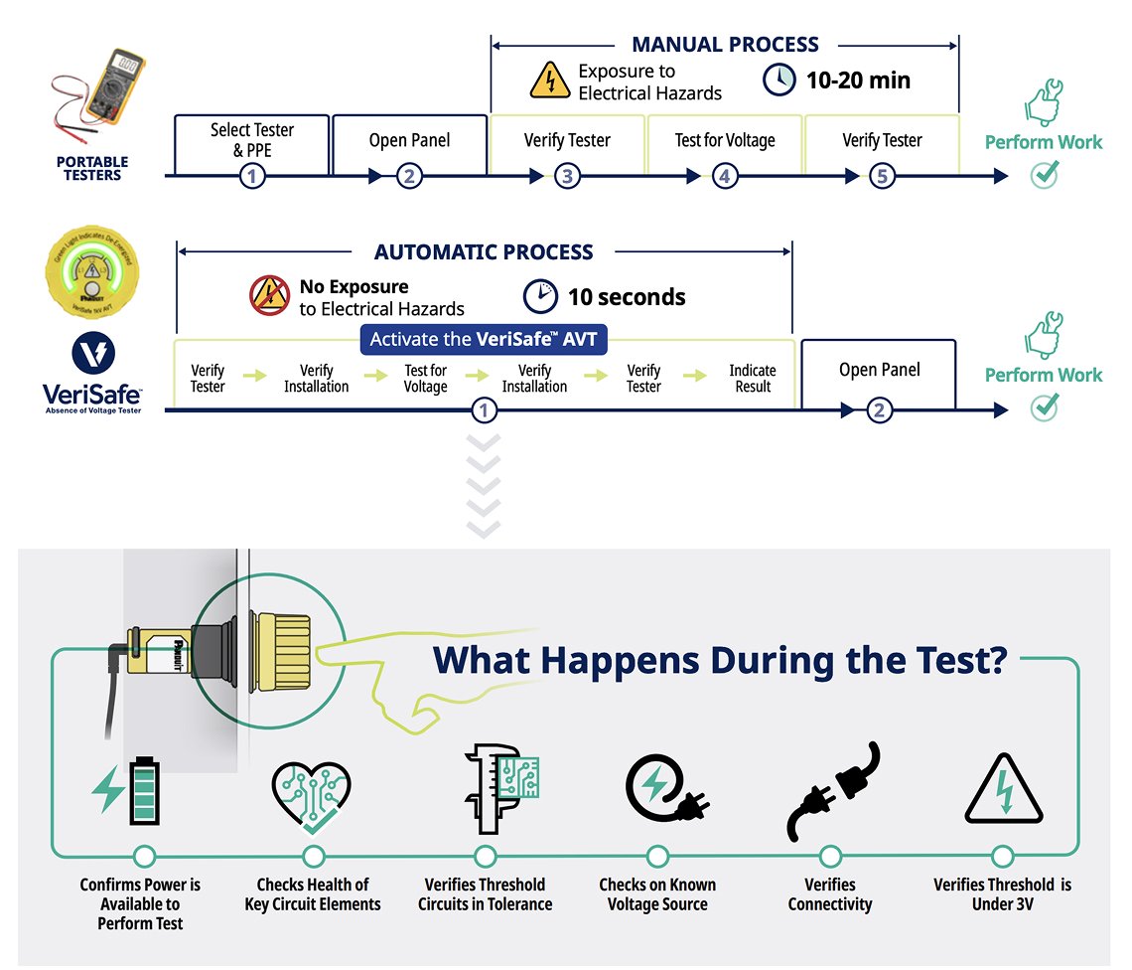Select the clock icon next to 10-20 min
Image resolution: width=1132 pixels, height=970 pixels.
point(779,80)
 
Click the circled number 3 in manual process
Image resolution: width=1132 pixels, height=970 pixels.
point(567,177)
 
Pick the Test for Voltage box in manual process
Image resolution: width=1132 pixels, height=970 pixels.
point(725,141)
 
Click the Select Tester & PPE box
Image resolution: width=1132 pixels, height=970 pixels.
point(252,141)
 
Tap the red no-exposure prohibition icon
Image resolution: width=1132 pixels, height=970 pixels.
point(269,296)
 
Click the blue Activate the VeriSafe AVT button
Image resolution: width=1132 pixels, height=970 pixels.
point(484,339)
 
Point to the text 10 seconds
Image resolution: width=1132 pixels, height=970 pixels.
point(626,296)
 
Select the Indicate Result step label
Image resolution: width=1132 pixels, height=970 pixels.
point(753,378)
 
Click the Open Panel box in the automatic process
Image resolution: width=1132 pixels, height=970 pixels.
point(879,371)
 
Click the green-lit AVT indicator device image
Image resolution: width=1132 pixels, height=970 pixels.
point(92,273)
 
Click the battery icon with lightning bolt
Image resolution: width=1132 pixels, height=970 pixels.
point(127,792)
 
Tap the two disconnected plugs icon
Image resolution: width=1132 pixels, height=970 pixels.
point(832,791)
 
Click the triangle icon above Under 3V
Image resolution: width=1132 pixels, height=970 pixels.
point(1004,792)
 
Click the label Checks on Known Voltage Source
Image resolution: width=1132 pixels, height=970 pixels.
point(657,893)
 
